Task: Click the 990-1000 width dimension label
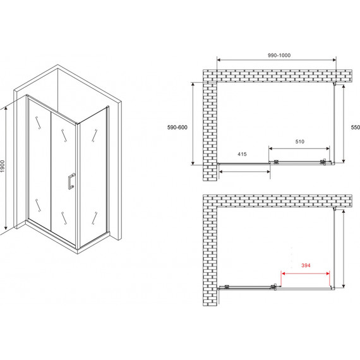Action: [279, 56]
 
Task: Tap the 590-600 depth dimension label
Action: [177, 128]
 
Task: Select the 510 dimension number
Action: [299, 141]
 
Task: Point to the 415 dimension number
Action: [242, 154]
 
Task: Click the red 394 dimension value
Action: [306, 265]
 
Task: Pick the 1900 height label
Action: [3, 167]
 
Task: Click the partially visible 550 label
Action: [356, 127]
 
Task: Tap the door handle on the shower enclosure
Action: [71, 181]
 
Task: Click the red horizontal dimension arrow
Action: [306, 273]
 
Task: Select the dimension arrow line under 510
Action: [299, 148]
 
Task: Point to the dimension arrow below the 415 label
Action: [244, 172]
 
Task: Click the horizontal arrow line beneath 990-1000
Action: [277, 60]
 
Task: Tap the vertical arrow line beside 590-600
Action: [193, 124]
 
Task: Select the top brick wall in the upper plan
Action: [277, 76]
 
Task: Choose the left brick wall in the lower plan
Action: [210, 256]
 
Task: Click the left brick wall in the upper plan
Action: [210, 131]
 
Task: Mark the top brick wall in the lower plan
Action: [277, 201]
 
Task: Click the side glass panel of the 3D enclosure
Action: [93, 177]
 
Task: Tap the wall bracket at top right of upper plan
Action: [335, 84]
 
